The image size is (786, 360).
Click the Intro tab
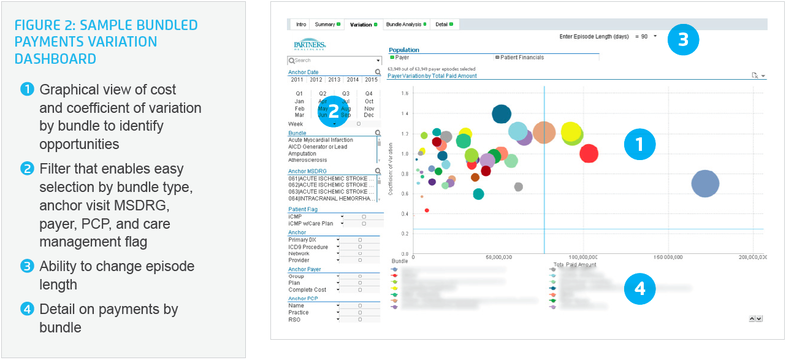[x=301, y=25]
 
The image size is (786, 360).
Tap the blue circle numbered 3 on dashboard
[x=683, y=39]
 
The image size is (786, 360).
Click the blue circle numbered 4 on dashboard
[x=639, y=288]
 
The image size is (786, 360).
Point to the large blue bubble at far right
[x=705, y=183]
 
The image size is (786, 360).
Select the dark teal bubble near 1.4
[x=502, y=113]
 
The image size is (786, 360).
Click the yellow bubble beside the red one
[x=570, y=132]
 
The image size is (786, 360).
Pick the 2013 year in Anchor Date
[x=334, y=80]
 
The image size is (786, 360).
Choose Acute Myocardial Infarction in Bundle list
[x=321, y=140]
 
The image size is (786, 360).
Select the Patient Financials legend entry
[x=522, y=58]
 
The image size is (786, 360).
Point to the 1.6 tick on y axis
[x=405, y=94]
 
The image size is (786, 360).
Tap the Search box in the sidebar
[x=334, y=61]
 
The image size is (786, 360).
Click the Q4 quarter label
[x=369, y=94]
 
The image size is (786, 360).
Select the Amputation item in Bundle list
[x=302, y=154]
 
